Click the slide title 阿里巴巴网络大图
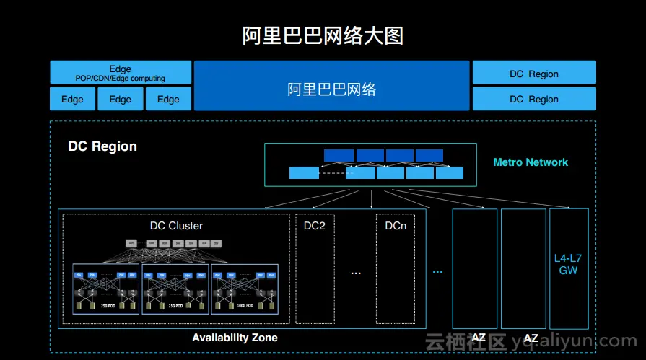(323, 36)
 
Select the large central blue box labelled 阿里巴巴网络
(332, 89)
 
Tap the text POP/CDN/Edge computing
(121, 79)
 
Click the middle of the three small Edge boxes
(121, 100)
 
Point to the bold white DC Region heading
(102, 146)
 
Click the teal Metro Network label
(531, 162)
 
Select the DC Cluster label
(176, 226)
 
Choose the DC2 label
(315, 226)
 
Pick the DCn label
(396, 226)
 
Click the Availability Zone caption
(235, 338)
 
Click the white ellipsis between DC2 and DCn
(355, 273)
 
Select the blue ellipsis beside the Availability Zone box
(437, 271)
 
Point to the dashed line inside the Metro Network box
(333, 173)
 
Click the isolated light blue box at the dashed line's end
(304, 173)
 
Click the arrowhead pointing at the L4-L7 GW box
(568, 208)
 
